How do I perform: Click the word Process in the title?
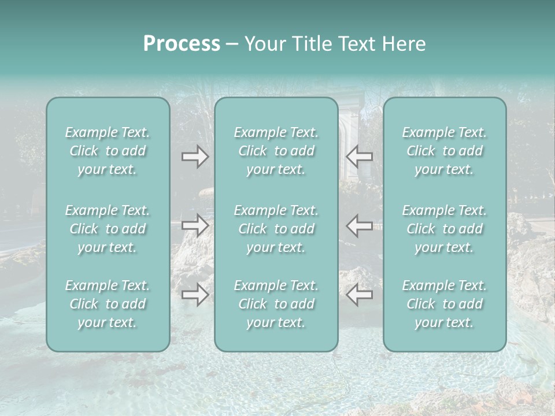pyautogui.click(x=182, y=44)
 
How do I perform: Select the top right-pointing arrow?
pyautogui.click(x=195, y=157)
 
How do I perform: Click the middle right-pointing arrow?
pyautogui.click(x=195, y=225)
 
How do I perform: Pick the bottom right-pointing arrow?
pyautogui.click(x=195, y=295)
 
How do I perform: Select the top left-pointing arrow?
pyautogui.click(x=359, y=157)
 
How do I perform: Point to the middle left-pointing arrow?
pyautogui.click(x=359, y=225)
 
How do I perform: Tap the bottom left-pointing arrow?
pyautogui.click(x=359, y=295)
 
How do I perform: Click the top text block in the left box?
pyautogui.click(x=108, y=151)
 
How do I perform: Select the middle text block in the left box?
pyautogui.click(x=108, y=229)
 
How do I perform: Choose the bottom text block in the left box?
pyautogui.click(x=108, y=304)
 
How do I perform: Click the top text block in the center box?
pyautogui.click(x=276, y=151)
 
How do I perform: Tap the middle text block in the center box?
pyautogui.click(x=276, y=229)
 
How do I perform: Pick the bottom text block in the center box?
pyautogui.click(x=276, y=304)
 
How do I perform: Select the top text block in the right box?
pyautogui.click(x=445, y=151)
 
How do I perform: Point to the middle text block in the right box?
pyautogui.click(x=445, y=229)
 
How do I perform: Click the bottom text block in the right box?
pyautogui.click(x=445, y=304)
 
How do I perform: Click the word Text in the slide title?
pyautogui.click(x=357, y=44)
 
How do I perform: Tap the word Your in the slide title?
pyautogui.click(x=263, y=44)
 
